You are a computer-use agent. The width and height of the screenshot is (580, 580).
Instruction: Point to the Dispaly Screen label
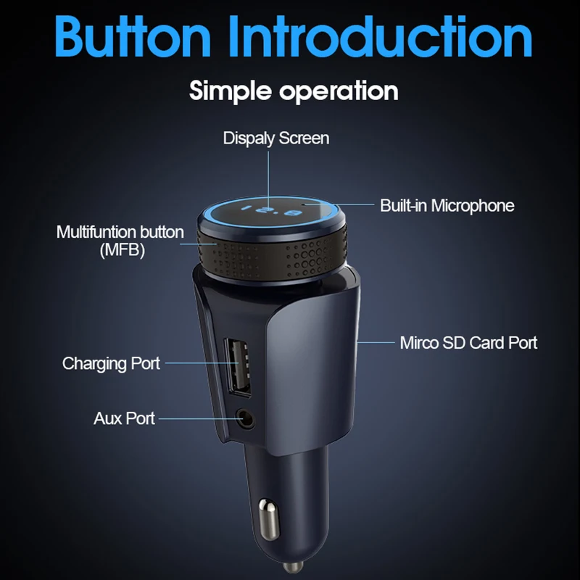tap(276, 138)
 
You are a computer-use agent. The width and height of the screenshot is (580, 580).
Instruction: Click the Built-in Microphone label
tap(447, 205)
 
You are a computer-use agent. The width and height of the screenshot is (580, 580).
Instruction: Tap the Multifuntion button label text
tap(120, 233)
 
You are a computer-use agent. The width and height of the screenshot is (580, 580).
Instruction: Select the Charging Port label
tap(111, 362)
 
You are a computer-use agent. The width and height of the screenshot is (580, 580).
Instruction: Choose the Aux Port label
tap(124, 418)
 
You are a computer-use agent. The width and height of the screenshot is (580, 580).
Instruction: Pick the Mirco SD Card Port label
tap(468, 342)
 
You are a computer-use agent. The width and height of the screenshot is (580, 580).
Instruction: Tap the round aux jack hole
tap(246, 418)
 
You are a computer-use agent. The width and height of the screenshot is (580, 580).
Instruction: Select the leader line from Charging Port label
tap(191, 362)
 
